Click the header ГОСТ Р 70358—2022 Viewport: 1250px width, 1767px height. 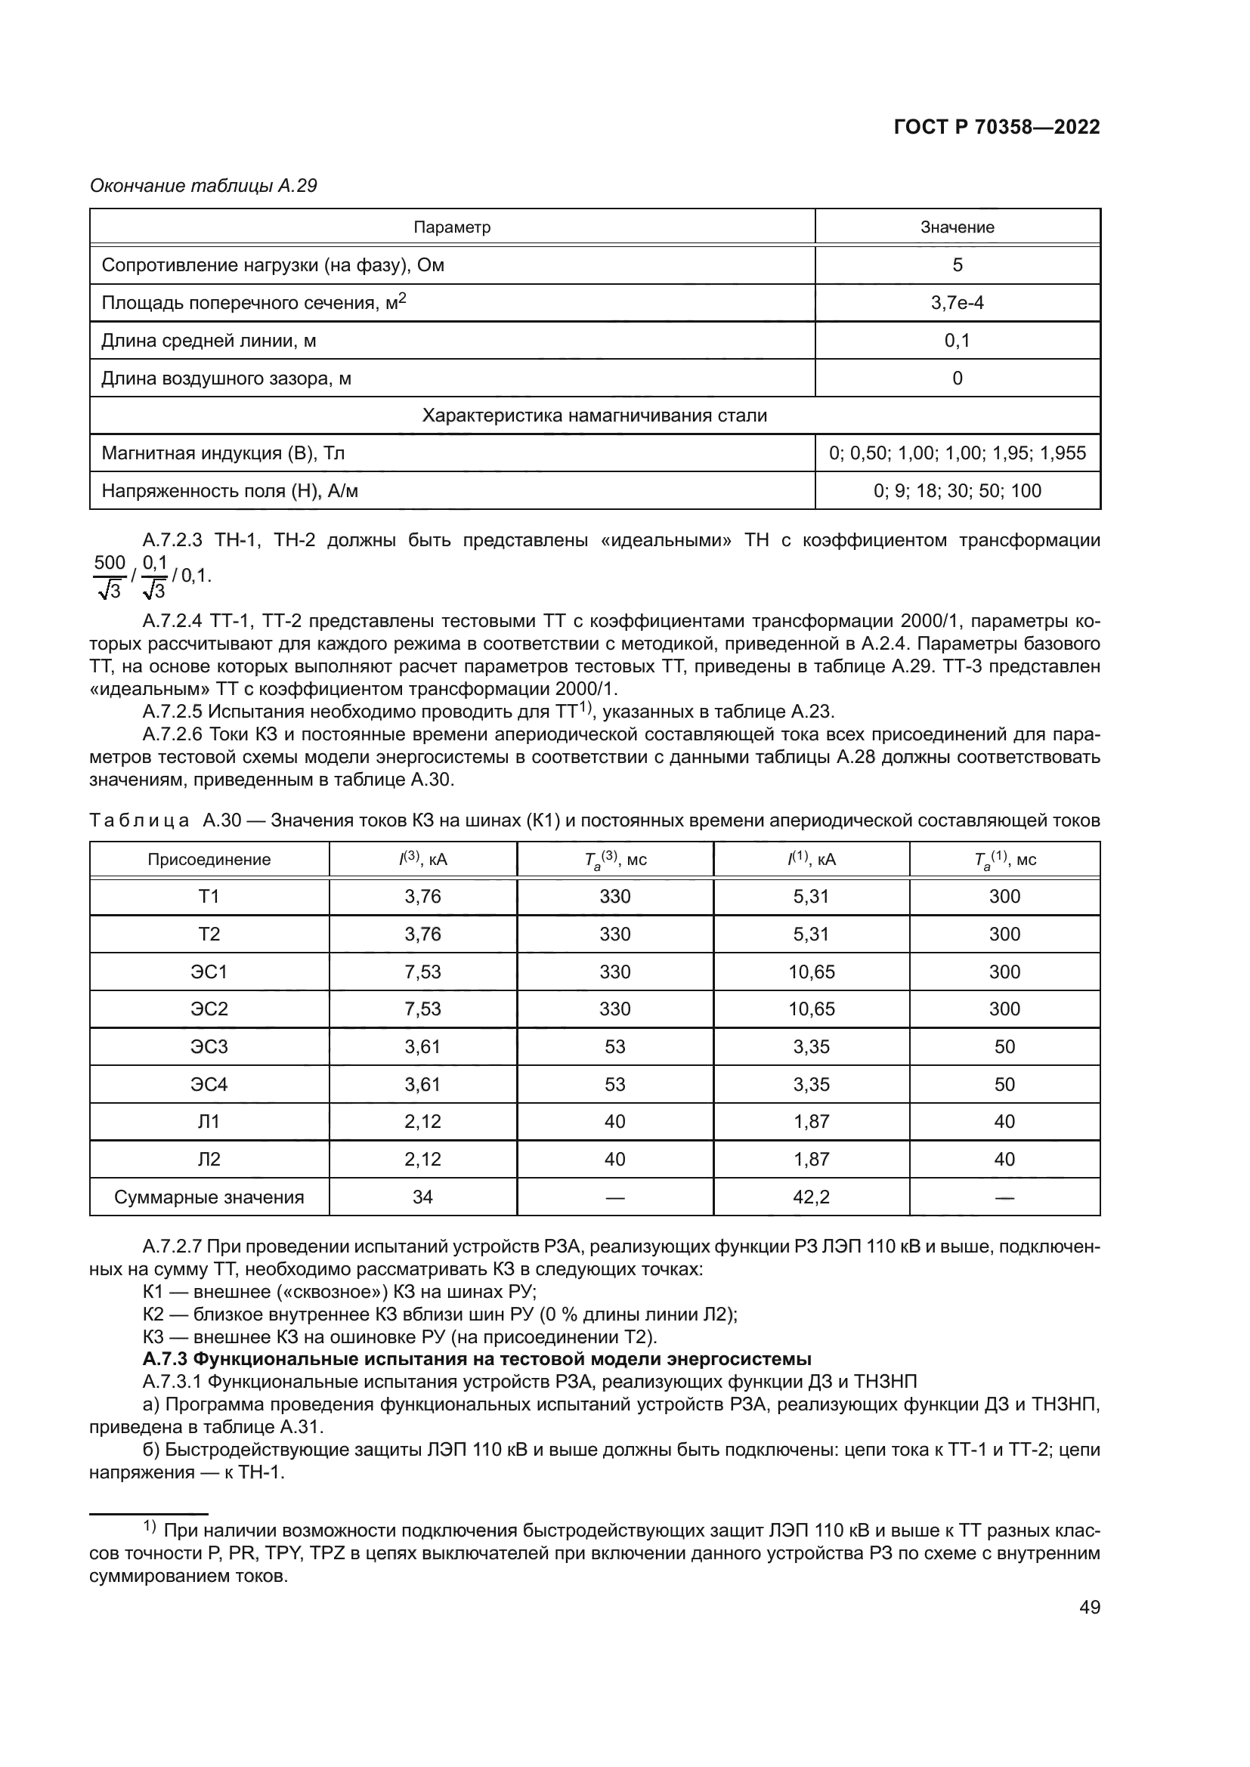pyautogui.click(x=996, y=128)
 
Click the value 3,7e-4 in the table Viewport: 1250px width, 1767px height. pyautogui.click(x=957, y=302)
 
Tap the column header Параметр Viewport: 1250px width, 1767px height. pyautogui.click(x=452, y=227)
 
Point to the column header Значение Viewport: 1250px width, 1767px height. pyautogui.click(x=957, y=227)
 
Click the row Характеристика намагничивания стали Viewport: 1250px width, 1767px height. pyautogui.click(x=594, y=415)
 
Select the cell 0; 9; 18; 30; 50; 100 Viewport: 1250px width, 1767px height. pyautogui.click(x=957, y=490)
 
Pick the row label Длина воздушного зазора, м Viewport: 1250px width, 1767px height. pyautogui.click(x=226, y=378)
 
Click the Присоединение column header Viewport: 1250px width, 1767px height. pyautogui.click(x=209, y=860)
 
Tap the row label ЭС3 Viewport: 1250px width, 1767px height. pyautogui.click(x=209, y=1046)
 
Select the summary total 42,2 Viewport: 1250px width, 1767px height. pyautogui.click(x=811, y=1197)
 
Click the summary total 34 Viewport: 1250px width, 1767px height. pyautogui.click(x=422, y=1197)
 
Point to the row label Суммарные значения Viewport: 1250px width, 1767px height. pyautogui.click(x=209, y=1197)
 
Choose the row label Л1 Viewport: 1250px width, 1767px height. pyautogui.click(x=209, y=1121)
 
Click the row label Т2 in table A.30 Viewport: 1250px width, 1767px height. pyautogui.click(x=209, y=934)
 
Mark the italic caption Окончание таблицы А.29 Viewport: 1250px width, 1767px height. pyautogui.click(x=203, y=186)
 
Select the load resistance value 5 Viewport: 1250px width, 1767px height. pyautogui.click(x=957, y=264)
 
